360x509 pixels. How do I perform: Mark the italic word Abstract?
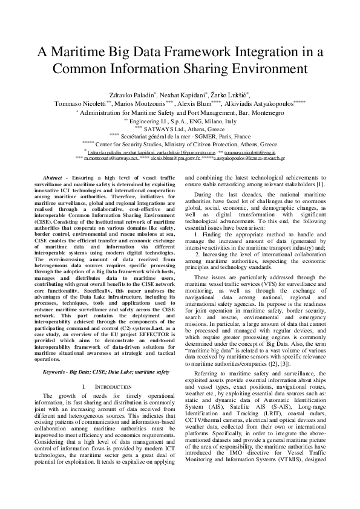[51, 174]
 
